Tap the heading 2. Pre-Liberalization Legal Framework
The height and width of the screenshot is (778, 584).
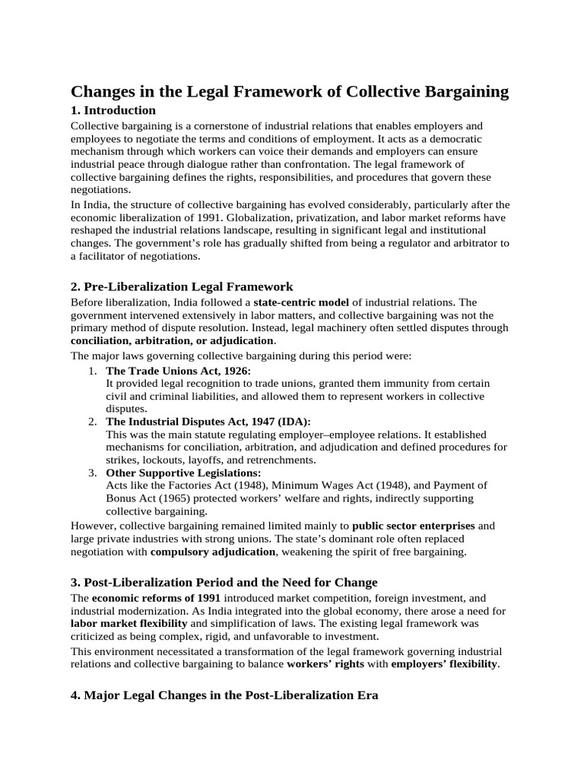(x=182, y=286)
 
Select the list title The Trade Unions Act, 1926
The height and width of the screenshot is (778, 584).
(x=178, y=370)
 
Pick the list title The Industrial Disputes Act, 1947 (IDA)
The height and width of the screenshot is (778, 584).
(x=208, y=421)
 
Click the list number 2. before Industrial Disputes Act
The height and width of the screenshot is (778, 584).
(x=91, y=421)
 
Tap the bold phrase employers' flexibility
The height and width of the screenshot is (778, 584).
(x=444, y=663)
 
